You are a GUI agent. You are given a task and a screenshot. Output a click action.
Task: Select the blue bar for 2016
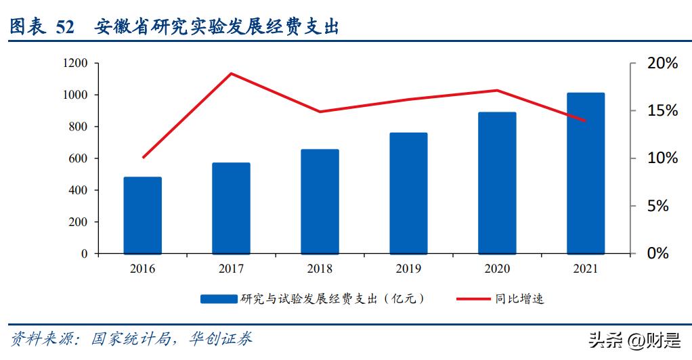(143, 215)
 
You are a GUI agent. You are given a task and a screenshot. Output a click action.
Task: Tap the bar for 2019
(408, 193)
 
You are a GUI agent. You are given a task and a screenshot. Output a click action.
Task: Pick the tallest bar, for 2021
(585, 173)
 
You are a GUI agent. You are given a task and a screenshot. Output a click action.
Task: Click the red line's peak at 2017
(232, 73)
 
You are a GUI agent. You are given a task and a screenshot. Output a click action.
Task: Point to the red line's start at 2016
(143, 158)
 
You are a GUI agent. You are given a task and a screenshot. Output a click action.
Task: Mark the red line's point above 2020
(497, 90)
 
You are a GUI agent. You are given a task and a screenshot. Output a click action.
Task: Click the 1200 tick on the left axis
(75, 64)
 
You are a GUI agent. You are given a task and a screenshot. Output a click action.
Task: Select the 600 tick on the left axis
(79, 158)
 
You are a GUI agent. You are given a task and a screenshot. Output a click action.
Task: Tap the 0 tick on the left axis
(85, 254)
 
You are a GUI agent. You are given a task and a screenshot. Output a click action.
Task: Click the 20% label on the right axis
(662, 64)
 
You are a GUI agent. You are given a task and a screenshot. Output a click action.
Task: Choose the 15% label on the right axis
(662, 111)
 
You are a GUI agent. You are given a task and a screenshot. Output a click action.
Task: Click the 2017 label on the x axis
(231, 269)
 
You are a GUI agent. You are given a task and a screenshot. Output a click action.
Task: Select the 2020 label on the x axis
(496, 269)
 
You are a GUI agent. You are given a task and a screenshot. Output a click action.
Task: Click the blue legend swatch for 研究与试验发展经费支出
(218, 298)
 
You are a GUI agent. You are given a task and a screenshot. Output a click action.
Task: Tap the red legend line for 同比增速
(473, 298)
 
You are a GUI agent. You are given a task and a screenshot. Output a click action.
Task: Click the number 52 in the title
(66, 27)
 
